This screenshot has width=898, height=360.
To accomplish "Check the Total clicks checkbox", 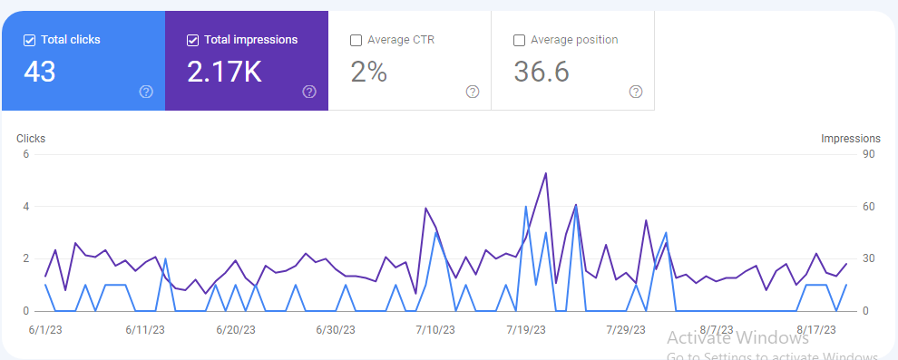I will [x=30, y=40].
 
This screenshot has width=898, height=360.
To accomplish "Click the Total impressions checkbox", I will [x=193, y=40].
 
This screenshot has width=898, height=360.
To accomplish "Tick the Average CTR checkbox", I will [x=356, y=40].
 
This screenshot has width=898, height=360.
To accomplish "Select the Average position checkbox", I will [x=520, y=40].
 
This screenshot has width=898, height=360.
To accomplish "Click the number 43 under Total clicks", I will [x=40, y=72].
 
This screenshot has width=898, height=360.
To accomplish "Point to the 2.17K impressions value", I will [x=224, y=72].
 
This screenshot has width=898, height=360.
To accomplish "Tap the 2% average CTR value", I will [x=368, y=72].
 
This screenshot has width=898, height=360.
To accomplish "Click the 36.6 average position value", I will [x=542, y=72].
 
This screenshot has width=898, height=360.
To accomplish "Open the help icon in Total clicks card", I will [x=146, y=92].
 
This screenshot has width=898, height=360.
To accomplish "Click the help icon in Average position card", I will [x=636, y=92].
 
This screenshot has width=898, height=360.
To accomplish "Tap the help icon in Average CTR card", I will [x=473, y=92].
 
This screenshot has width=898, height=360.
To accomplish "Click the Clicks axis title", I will [x=31, y=139].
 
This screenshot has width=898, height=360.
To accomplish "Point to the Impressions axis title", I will [x=850, y=139].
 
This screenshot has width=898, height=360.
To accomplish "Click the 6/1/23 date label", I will [x=45, y=329].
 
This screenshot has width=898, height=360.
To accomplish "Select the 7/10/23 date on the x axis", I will [x=434, y=329].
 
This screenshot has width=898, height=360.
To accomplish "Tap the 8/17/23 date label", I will [x=815, y=329].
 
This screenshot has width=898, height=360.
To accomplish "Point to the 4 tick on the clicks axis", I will [x=26, y=207].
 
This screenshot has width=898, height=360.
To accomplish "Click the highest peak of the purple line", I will [x=545, y=173].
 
